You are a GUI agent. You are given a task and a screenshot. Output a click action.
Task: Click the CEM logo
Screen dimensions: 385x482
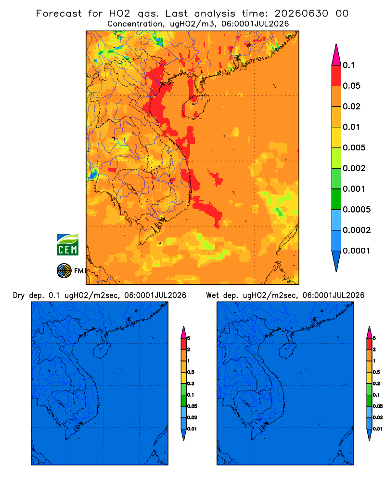tap(67, 244)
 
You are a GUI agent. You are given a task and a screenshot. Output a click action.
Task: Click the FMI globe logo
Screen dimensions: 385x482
tap(64, 270)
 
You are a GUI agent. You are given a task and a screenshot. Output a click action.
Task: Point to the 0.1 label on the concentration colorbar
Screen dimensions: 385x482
tap(348, 65)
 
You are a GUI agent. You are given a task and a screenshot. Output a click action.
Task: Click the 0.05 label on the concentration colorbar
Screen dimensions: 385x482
tap(351, 86)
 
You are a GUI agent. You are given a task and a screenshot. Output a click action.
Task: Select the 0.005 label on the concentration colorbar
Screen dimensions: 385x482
tap(354, 147)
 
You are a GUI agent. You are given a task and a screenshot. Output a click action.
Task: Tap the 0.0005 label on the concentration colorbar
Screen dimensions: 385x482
tap(357, 209)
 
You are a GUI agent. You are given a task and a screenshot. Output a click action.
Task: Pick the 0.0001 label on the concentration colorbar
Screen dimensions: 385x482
tap(357, 251)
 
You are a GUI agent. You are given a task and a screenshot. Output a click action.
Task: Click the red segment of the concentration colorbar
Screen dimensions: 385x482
tap(336, 75)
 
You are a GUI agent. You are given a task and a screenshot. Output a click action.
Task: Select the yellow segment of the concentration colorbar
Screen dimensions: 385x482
tap(336, 137)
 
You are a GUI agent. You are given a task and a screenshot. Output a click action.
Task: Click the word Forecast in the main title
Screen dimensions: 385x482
tap(59, 13)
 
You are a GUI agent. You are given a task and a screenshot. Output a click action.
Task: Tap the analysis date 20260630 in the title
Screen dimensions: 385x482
tap(301, 13)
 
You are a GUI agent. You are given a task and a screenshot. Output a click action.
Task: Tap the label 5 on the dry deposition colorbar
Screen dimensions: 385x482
tap(189, 338)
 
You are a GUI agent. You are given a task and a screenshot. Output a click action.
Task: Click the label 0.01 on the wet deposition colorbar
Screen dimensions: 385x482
tap(378, 429)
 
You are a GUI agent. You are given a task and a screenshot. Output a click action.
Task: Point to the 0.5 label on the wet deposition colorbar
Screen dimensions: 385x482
tap(376, 372)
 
